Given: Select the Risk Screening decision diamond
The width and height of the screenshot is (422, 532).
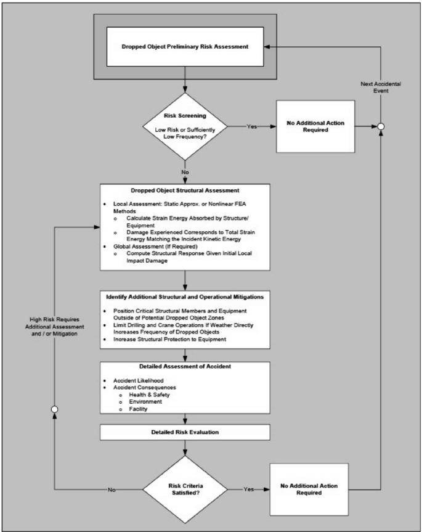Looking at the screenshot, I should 185,121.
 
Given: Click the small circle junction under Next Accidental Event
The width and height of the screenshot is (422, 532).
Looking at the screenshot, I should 382,127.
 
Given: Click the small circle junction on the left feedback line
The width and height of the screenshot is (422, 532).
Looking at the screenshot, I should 55,409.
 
